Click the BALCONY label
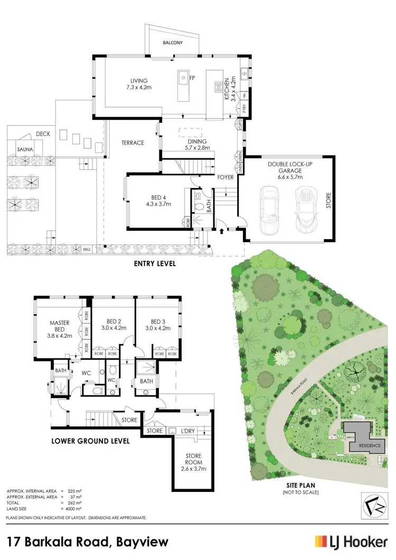[x=172, y=43]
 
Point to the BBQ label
[x=87, y=249]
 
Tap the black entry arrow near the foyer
[x=222, y=230]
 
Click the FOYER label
[x=225, y=177]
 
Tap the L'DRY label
[x=188, y=431]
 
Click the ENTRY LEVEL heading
[x=155, y=263]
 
